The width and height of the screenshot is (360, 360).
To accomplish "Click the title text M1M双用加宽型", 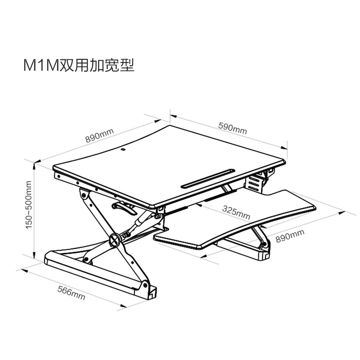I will coord(79,65).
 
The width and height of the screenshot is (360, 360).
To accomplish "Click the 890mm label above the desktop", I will coord(99,135).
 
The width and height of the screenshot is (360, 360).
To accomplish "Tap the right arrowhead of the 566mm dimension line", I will coord(122,306).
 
